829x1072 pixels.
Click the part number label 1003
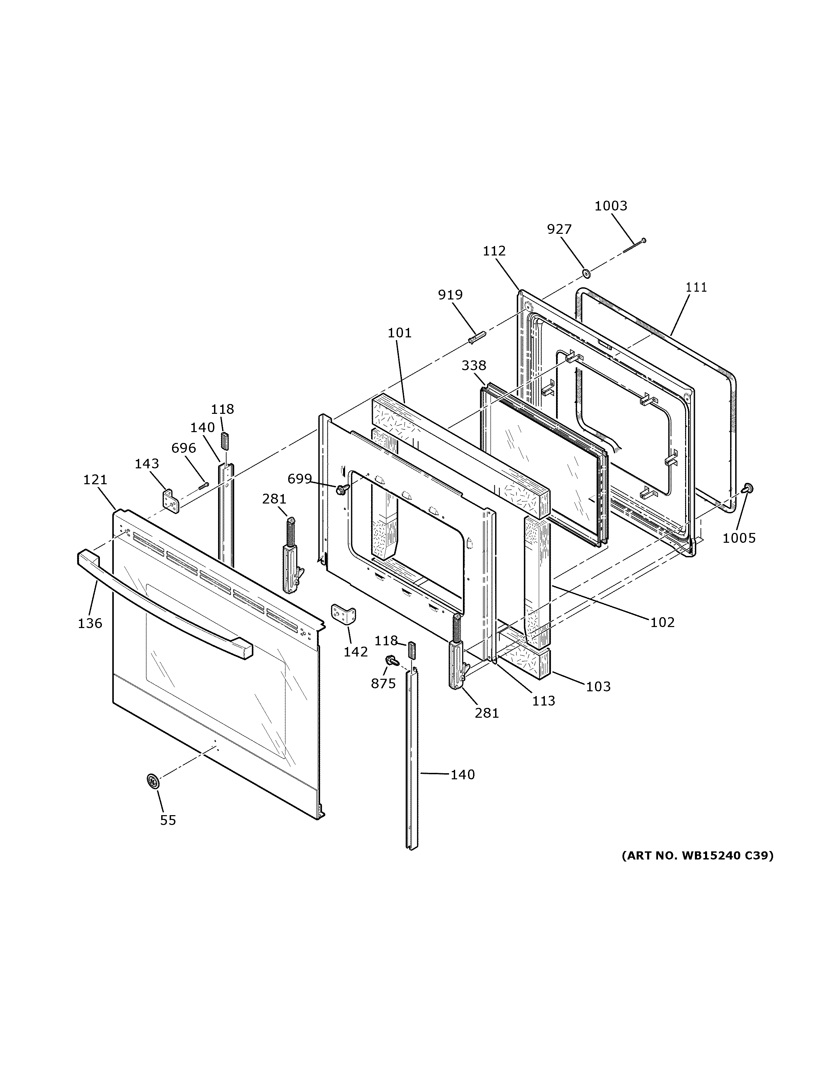(611, 206)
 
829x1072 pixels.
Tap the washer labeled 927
(586, 272)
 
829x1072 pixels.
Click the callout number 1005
(739, 538)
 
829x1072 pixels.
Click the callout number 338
(473, 365)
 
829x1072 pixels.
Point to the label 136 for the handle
(90, 623)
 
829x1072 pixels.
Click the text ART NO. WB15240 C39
(697, 855)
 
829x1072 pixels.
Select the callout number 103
(598, 686)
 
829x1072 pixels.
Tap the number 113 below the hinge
(543, 700)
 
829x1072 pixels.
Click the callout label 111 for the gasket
(696, 287)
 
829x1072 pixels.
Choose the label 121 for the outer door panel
(95, 479)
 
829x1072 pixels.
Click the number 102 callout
(662, 622)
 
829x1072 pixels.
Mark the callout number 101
(399, 333)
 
